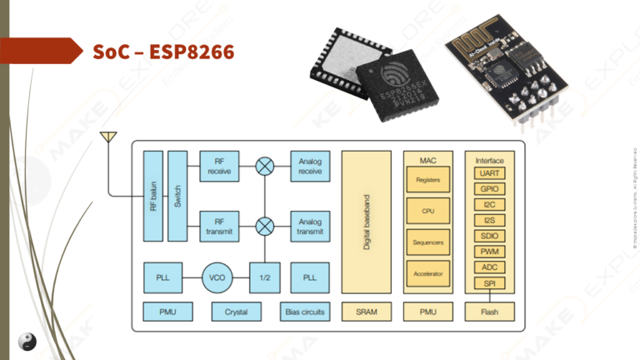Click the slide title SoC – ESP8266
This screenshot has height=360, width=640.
tap(163, 52)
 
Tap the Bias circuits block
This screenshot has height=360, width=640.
tap(304, 312)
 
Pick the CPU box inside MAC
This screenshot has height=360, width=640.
tap(428, 211)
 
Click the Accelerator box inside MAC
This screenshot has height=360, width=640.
tap(428, 272)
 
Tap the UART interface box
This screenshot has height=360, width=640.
tap(490, 173)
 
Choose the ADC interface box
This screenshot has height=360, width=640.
tap(490, 267)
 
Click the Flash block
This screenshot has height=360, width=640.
tap(490, 312)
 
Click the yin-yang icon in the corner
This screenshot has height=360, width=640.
tap(28, 341)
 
